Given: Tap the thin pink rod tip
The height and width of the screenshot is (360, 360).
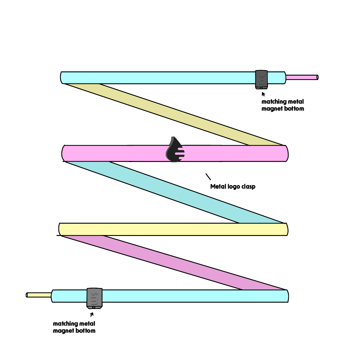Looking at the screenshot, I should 302,77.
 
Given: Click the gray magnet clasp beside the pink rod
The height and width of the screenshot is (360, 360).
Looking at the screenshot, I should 261,79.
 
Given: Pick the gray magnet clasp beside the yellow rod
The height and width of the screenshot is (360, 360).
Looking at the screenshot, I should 94,297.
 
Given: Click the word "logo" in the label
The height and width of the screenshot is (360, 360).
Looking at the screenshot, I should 235,187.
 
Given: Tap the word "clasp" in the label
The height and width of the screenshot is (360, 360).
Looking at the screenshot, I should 249,187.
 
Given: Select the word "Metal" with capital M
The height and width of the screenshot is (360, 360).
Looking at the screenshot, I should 218,187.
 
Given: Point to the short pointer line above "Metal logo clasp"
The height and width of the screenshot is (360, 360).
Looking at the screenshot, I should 208,176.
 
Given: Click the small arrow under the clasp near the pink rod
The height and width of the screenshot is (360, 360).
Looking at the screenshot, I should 263,94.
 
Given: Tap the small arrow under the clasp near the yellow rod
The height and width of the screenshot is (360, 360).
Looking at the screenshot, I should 92,314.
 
